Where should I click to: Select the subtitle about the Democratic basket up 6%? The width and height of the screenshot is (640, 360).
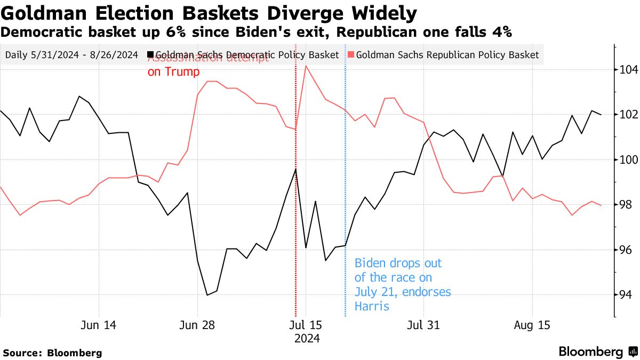click(256, 33)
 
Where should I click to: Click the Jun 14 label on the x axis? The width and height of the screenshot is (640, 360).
click(99, 325)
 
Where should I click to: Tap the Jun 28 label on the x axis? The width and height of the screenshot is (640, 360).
click(197, 325)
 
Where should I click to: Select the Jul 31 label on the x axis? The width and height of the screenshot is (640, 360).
click(423, 325)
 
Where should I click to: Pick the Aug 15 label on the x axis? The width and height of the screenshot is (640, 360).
click(532, 325)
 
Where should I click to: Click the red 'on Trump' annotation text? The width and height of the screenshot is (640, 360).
click(173, 72)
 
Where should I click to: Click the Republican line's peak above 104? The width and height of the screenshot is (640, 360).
click(306, 66)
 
